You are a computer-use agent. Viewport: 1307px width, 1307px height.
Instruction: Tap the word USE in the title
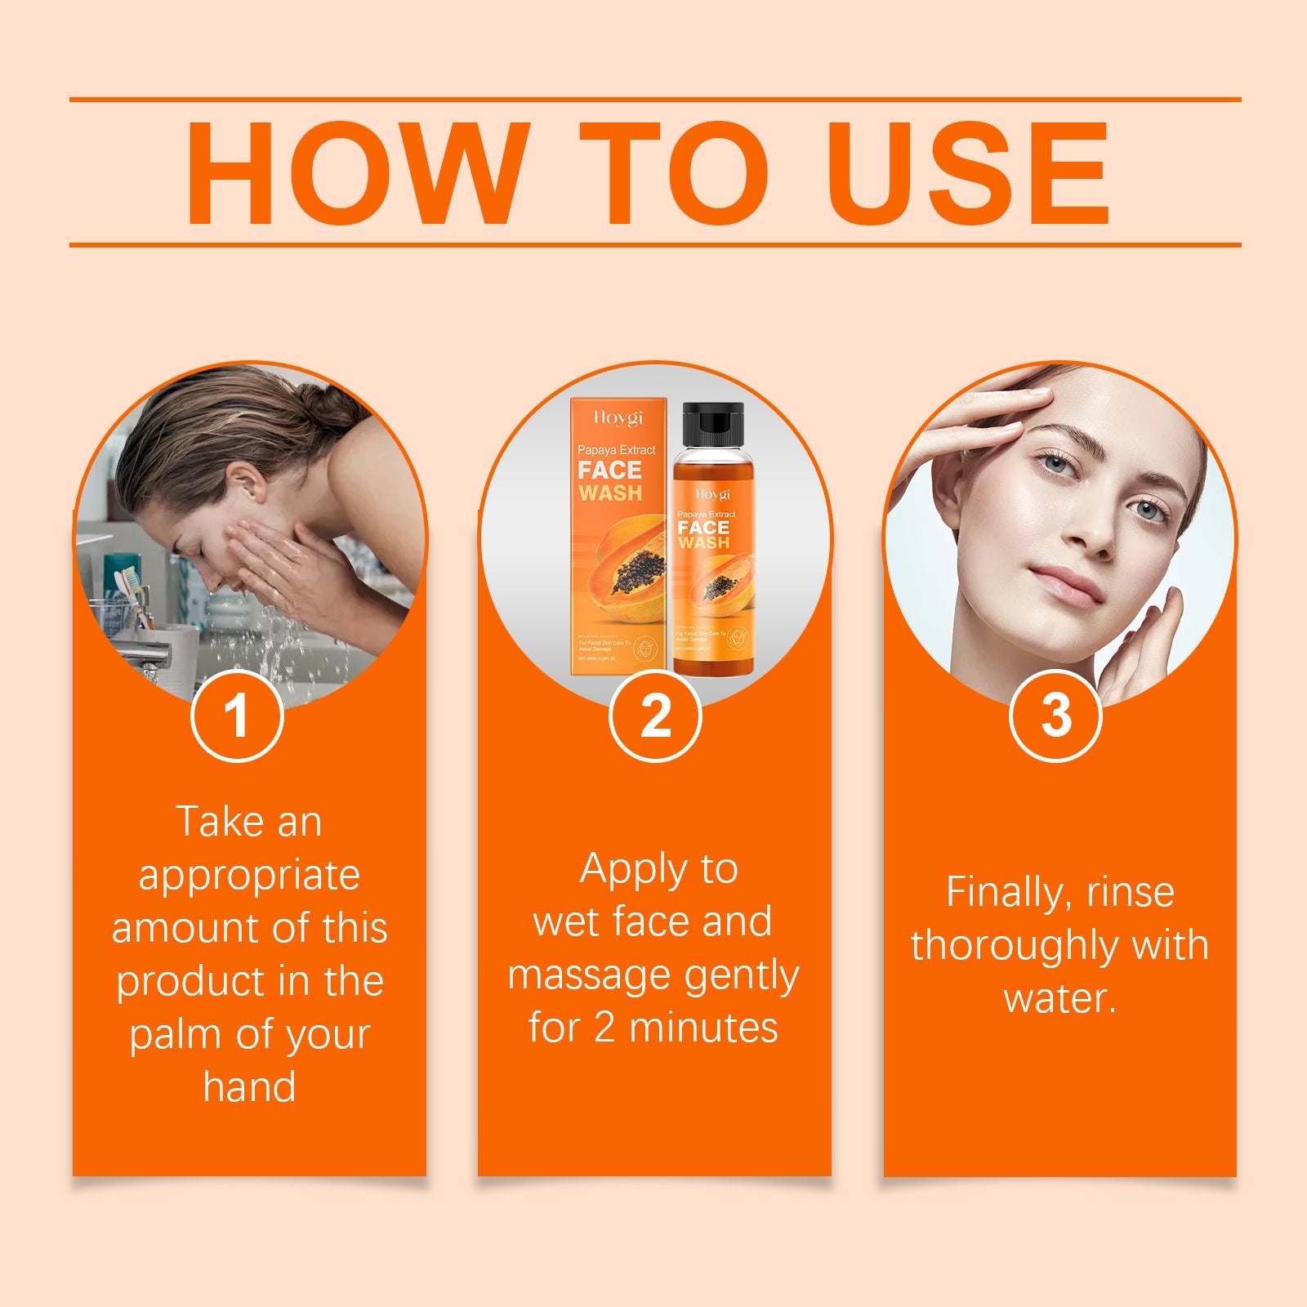(969, 173)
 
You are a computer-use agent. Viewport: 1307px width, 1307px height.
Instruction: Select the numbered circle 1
(237, 716)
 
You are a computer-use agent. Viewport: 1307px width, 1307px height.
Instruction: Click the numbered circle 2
(655, 716)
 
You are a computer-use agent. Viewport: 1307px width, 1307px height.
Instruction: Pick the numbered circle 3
(1056, 716)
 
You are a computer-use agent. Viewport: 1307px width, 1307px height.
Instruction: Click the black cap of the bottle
(713, 429)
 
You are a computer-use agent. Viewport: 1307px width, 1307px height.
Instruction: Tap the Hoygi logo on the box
(618, 418)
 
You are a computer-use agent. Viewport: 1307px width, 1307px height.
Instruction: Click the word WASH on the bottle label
(704, 543)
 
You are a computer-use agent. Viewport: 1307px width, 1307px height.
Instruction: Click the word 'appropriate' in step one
(249, 876)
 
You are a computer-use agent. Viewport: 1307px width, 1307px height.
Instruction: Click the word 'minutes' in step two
(704, 1028)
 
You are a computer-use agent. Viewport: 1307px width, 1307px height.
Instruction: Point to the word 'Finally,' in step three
(1003, 892)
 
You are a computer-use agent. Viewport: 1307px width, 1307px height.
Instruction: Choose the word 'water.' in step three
(1059, 998)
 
